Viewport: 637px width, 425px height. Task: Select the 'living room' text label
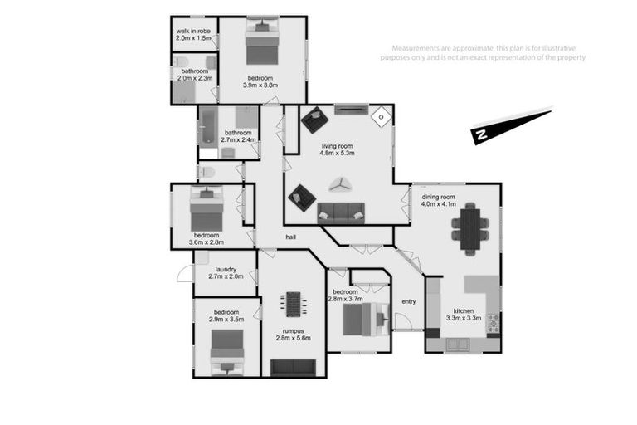click(x=338, y=145)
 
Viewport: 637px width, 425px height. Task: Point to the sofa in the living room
click(x=340, y=212)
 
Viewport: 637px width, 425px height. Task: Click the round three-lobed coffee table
click(x=340, y=184)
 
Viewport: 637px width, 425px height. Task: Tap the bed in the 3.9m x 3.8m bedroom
click(x=262, y=44)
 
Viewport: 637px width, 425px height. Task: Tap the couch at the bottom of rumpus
click(x=293, y=366)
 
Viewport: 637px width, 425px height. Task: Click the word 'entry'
click(x=408, y=301)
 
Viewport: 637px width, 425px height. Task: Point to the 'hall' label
click(x=291, y=237)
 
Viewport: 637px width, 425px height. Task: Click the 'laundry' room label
click(x=226, y=269)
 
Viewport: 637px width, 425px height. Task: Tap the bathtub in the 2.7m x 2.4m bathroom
click(x=207, y=126)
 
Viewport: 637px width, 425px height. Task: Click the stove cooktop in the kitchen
click(x=492, y=321)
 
